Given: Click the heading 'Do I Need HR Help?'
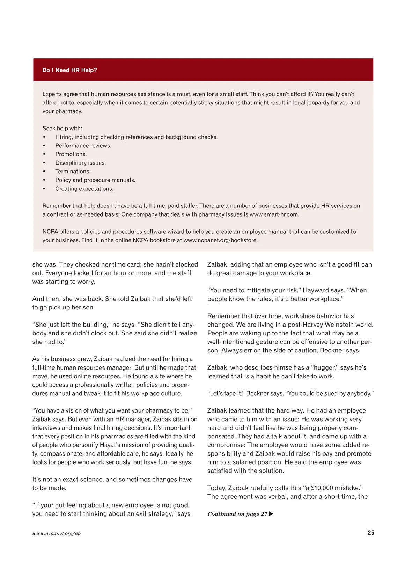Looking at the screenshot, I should (x=69, y=70).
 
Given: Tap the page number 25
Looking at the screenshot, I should (x=370, y=533).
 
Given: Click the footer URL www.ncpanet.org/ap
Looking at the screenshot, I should (x=56, y=533).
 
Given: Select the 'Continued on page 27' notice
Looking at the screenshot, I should (x=237, y=514).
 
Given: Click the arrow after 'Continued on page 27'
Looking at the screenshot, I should (x=271, y=514).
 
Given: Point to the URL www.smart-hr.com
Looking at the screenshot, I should (x=274, y=214).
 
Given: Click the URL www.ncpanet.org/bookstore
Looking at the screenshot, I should (x=220, y=240).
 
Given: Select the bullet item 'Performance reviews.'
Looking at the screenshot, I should (x=83, y=146).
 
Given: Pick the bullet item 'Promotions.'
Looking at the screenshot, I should (x=71, y=154).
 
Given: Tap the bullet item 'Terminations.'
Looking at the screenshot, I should (x=73, y=172).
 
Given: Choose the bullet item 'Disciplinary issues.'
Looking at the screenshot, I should (x=80, y=163).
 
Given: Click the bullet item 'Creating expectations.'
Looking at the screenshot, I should (x=84, y=189).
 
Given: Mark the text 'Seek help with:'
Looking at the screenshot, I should (x=62, y=129).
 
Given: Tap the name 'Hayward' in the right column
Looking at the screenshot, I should (x=315, y=290).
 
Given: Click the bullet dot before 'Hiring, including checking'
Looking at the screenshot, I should (x=44, y=137).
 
